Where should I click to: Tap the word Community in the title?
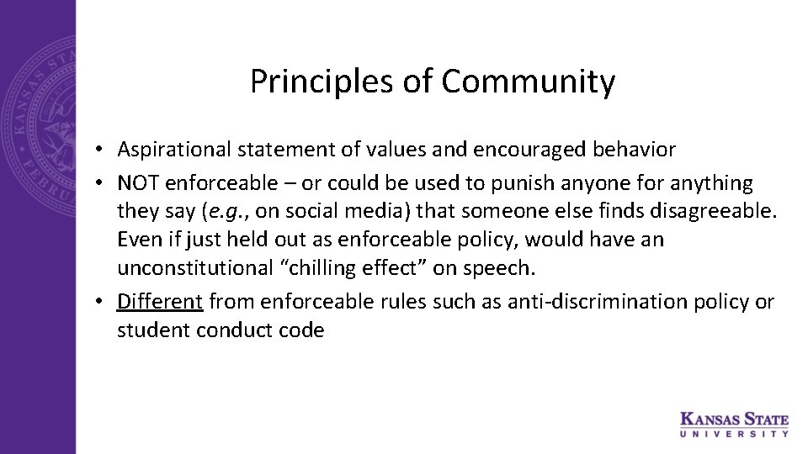tap(528, 82)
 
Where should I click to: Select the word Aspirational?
tap(174, 150)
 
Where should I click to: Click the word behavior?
tap(634, 150)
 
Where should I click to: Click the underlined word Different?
tap(161, 301)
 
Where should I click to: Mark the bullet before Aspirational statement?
tap(99, 150)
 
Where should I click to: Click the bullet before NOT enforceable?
tap(99, 183)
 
